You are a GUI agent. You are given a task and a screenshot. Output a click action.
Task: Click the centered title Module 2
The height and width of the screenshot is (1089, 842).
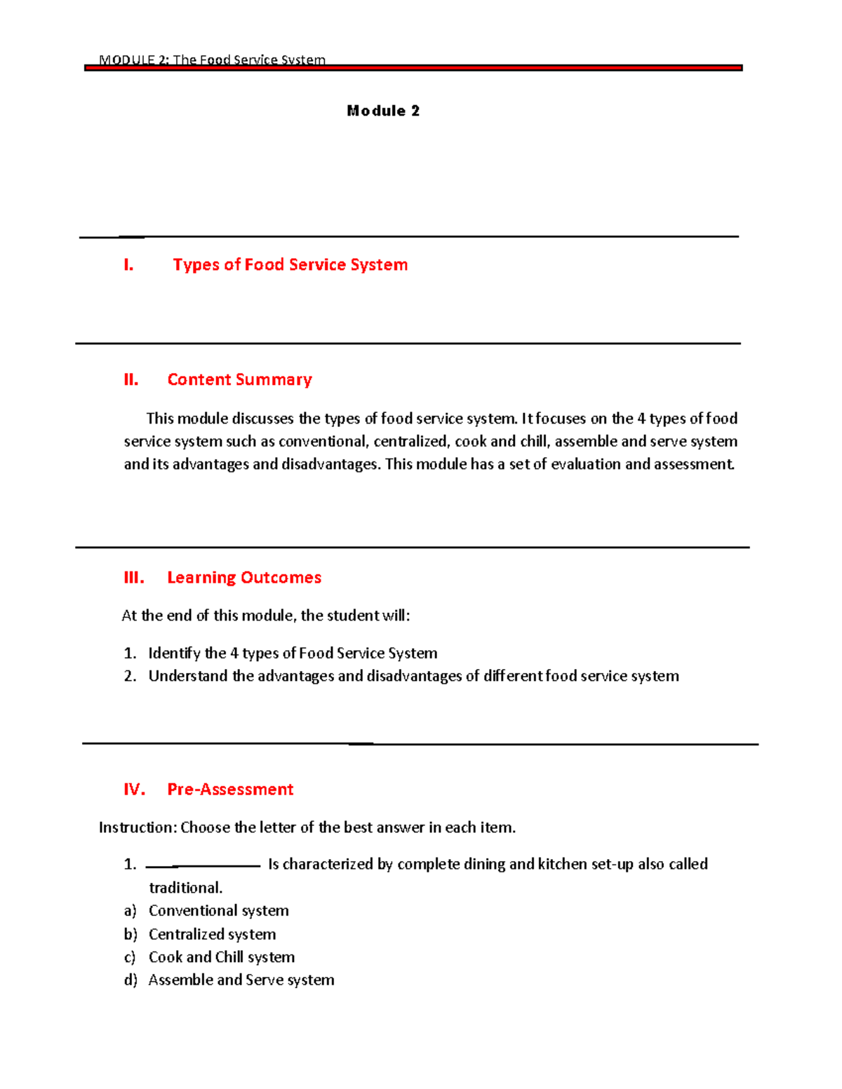click(x=383, y=111)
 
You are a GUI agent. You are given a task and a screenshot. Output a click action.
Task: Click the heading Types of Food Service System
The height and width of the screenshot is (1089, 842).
click(x=290, y=264)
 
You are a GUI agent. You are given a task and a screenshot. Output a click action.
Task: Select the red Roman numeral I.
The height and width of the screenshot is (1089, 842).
click(x=128, y=265)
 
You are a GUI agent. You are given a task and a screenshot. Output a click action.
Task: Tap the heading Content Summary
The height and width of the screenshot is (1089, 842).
click(x=239, y=379)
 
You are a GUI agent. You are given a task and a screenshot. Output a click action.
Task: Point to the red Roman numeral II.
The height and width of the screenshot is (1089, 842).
click(x=131, y=380)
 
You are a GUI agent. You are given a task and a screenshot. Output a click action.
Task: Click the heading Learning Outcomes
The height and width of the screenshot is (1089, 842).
click(x=244, y=577)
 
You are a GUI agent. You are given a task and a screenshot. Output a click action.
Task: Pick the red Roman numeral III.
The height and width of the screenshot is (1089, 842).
click(x=134, y=578)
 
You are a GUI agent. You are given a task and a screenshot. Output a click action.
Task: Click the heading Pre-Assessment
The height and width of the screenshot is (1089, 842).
click(x=230, y=789)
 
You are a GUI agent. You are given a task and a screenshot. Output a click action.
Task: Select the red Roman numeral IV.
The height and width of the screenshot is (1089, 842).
click(x=134, y=790)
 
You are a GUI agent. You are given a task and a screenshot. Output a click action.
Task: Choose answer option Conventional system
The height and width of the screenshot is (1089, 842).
click(x=218, y=910)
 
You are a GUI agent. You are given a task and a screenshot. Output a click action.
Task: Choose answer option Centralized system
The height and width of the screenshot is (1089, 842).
click(x=212, y=934)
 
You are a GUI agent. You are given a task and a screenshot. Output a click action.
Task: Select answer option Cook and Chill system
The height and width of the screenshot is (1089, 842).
click(x=221, y=957)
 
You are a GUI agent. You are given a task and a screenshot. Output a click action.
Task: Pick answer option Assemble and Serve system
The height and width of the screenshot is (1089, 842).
click(x=241, y=980)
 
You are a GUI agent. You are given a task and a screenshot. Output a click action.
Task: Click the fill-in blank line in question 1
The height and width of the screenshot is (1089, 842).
click(x=203, y=866)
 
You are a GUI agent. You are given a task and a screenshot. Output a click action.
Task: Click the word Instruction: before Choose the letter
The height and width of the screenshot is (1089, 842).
click(x=138, y=827)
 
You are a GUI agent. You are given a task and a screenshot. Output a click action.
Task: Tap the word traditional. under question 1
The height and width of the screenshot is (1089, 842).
click(x=185, y=888)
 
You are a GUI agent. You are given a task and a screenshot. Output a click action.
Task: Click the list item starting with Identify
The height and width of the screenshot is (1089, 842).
click(x=293, y=653)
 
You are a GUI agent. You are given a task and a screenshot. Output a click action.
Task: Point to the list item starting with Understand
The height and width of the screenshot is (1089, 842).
click(x=413, y=676)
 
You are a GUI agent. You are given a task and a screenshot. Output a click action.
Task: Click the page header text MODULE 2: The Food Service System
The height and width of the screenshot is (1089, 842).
click(x=212, y=60)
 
